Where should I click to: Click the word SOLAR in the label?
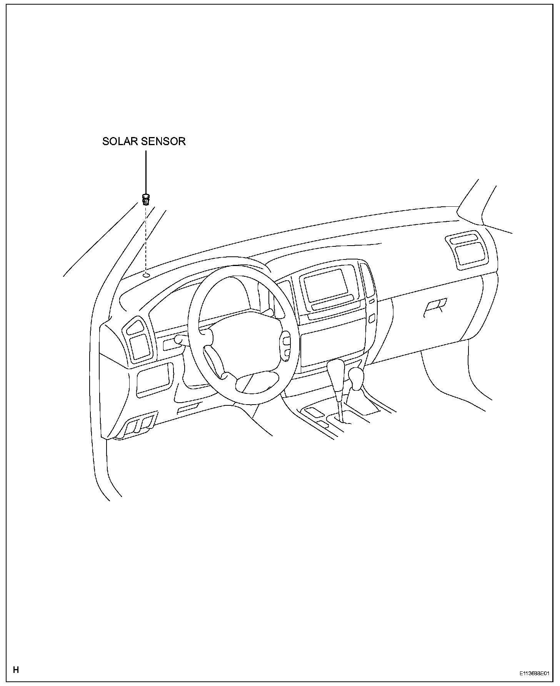tap(120, 141)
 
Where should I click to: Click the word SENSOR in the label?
tap(164, 141)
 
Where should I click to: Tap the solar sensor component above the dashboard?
tap(146, 199)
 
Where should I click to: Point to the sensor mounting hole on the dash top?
tap(146, 275)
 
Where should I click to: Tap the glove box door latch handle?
tap(435, 307)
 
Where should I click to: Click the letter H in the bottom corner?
tap(16, 669)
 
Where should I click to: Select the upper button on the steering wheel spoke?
tap(287, 341)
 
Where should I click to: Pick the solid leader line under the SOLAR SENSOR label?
tap(146, 171)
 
